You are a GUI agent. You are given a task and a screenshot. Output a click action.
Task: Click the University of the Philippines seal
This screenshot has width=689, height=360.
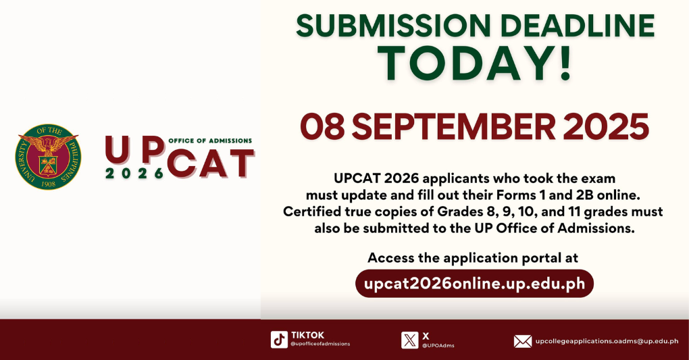pos(47,157)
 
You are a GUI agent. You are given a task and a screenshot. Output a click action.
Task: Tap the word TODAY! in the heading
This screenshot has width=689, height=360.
pos(475,63)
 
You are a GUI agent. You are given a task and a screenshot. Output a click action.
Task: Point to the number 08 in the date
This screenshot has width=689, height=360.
pos(323,127)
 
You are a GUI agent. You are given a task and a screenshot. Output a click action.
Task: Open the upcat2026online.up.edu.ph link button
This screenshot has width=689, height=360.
pos(474,283)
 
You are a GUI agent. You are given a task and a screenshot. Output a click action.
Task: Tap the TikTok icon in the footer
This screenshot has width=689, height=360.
pos(279,339)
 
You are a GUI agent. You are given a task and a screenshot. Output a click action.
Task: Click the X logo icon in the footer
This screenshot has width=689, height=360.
pos(409,339)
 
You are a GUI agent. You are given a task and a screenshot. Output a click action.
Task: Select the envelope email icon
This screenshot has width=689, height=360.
pos(522,341)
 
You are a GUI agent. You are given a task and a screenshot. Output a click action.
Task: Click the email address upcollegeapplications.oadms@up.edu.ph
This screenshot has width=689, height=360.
pos(607,341)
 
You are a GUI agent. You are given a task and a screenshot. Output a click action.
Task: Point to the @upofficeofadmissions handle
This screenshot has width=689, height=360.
pos(320,344)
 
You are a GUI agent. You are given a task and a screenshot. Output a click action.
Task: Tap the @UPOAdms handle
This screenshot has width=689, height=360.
pos(438,345)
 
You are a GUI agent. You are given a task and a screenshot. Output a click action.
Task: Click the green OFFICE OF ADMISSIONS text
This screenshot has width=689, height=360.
pos(209,140)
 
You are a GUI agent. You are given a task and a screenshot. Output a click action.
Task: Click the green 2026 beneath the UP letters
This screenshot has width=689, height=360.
pos(134,173)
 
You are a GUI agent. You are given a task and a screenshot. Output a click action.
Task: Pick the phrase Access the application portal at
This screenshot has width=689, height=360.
pos(473,257)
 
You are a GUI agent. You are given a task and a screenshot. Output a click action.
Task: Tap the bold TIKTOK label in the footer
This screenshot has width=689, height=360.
pos(307,335)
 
